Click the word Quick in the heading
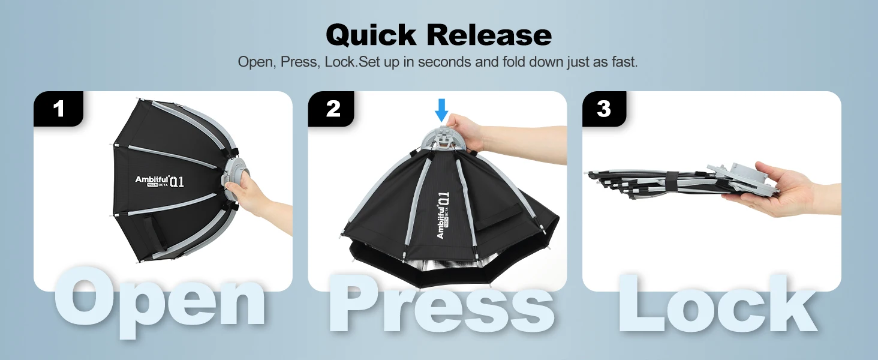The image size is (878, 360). coord(371,35)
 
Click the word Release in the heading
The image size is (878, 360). coord(489,35)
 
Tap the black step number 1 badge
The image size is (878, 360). coord(58,109)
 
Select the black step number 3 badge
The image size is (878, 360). coord(604,109)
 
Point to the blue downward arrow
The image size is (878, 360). coord(442,110)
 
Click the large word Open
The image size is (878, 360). coord(159,301)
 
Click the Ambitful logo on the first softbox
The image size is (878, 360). coord(159,181)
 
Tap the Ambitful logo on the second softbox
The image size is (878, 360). coord(443,215)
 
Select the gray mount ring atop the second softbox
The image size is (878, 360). coord(442,137)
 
